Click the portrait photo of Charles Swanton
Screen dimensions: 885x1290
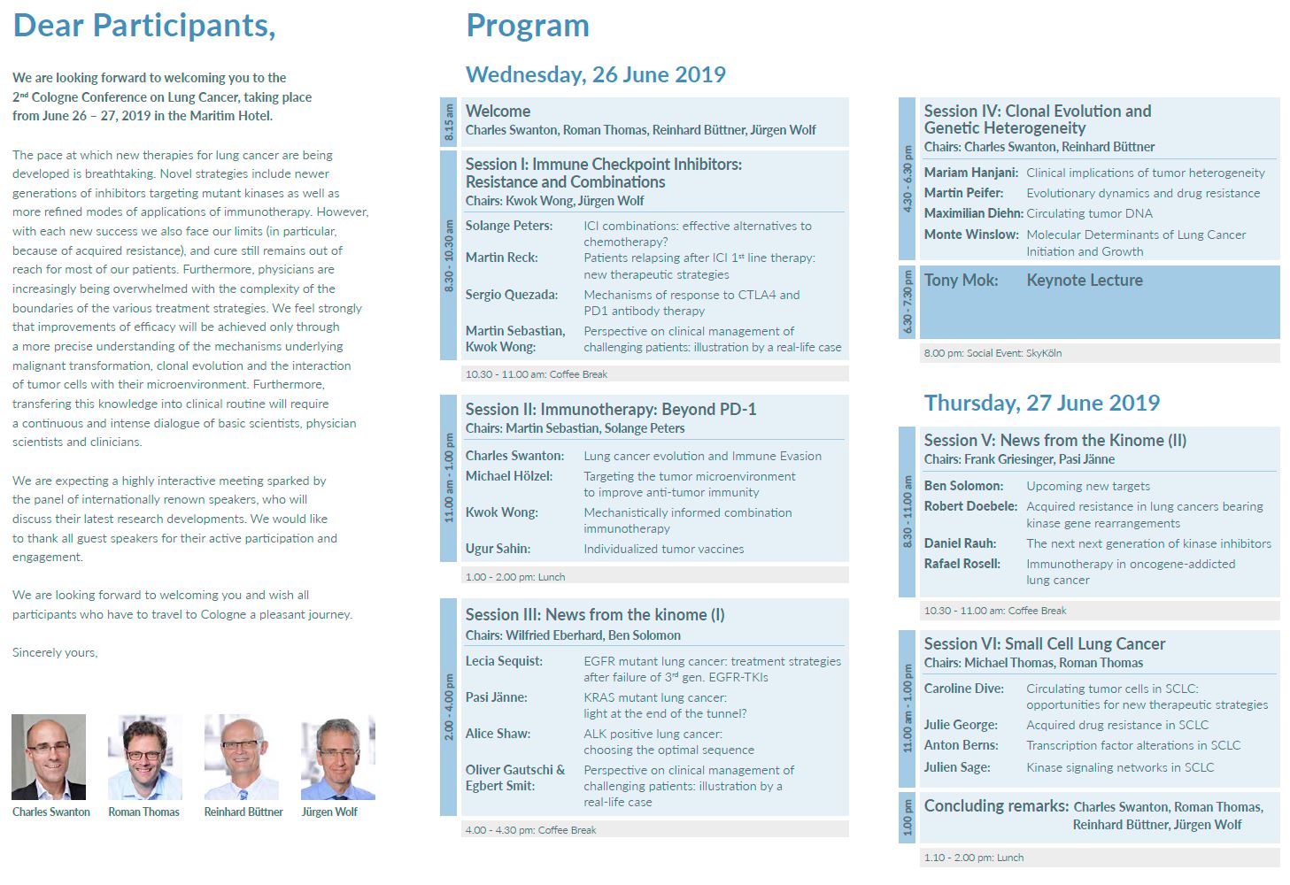click(49, 757)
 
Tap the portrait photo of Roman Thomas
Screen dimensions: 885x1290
click(144, 757)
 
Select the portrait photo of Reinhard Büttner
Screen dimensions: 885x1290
click(242, 757)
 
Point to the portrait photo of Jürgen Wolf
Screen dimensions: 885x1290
click(337, 757)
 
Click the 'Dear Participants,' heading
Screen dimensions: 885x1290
click(144, 26)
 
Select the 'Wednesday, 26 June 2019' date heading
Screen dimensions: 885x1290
click(595, 75)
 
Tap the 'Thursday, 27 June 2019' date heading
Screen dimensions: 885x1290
click(1041, 404)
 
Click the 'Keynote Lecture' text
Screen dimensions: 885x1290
click(1084, 281)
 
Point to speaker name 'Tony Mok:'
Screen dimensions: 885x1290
click(961, 281)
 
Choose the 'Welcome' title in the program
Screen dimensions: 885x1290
click(498, 112)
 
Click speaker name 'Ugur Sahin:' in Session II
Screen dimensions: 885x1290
click(498, 549)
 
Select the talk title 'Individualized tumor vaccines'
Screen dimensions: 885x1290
click(663, 550)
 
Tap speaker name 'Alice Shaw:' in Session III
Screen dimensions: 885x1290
click(498, 734)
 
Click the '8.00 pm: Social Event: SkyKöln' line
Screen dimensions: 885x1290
click(992, 353)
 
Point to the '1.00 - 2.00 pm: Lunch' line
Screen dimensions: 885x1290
click(514, 577)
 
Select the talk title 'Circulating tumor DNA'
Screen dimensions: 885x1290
click(1089, 213)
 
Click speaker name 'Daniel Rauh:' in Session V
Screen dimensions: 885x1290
click(960, 543)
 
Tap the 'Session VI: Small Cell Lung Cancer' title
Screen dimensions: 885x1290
click(1044, 644)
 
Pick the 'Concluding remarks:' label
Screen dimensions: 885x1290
click(996, 806)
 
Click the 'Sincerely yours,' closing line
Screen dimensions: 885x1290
click(55, 653)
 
